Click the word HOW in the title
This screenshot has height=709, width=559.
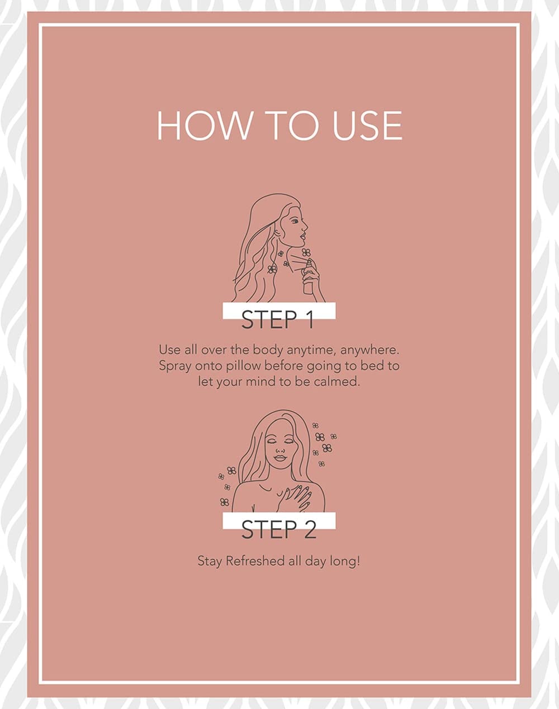point(203,126)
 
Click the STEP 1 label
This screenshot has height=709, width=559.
point(278,319)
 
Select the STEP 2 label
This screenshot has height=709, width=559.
point(279,529)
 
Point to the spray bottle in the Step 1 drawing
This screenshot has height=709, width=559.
point(308,276)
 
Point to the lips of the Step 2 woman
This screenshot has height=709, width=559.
point(280,458)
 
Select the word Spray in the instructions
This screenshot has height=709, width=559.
point(175,366)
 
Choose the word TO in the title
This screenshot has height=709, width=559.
point(295,126)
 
